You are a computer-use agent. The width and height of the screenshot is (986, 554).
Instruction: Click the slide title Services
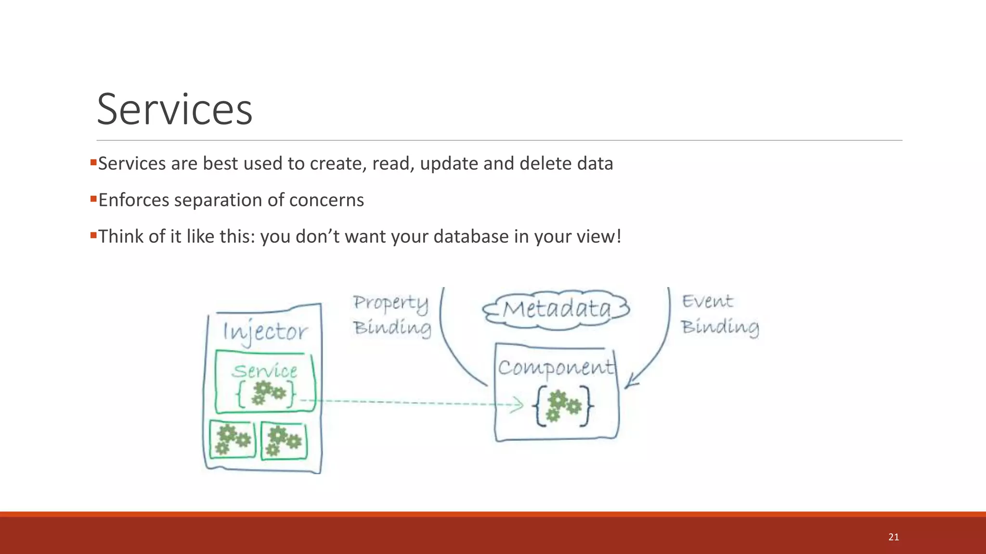[174, 110]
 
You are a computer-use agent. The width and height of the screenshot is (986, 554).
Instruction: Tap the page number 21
[894, 537]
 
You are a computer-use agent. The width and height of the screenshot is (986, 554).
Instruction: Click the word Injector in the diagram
[265, 332]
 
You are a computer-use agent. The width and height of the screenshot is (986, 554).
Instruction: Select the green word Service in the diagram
[265, 371]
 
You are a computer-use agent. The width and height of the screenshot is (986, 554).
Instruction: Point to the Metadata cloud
[557, 309]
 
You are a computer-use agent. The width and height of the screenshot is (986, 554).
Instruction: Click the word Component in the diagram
[556, 368]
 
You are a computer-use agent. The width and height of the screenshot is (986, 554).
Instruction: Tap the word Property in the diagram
[390, 303]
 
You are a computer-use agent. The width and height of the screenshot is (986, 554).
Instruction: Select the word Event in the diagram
[707, 302]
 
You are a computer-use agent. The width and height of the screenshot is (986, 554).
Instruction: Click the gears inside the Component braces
[562, 406]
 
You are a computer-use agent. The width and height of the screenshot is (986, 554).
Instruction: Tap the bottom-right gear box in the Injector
[284, 441]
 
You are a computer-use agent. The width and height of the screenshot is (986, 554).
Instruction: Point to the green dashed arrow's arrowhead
[519, 404]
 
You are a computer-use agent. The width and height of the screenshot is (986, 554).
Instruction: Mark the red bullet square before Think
[93, 235]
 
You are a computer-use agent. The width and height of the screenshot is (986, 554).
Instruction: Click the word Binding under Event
[720, 327]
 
